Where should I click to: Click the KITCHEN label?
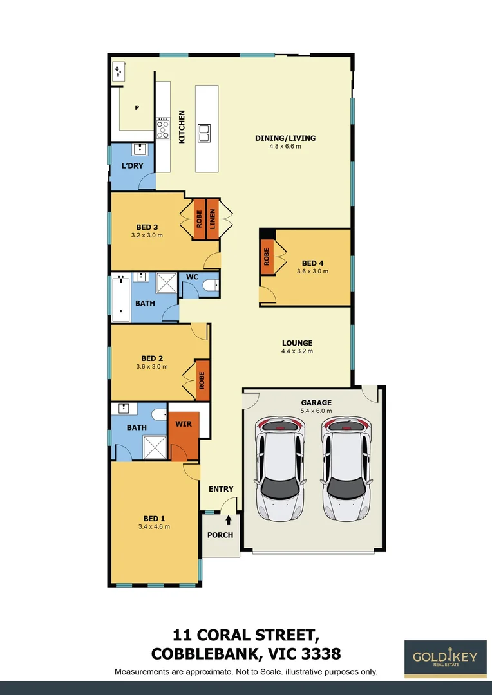tap(182, 126)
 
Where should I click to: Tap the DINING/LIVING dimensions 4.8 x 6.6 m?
tap(285, 147)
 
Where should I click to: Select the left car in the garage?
tap(279, 469)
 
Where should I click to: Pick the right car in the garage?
tap(347, 469)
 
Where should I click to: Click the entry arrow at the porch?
tap(228, 520)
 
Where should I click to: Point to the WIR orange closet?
tap(184, 432)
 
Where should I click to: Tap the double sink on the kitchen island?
tap(204, 133)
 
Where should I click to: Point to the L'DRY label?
tap(132, 166)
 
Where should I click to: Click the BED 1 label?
tap(154, 518)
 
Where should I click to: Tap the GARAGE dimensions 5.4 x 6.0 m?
tap(316, 411)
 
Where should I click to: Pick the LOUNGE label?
tap(297, 343)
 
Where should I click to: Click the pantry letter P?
tap(137, 108)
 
